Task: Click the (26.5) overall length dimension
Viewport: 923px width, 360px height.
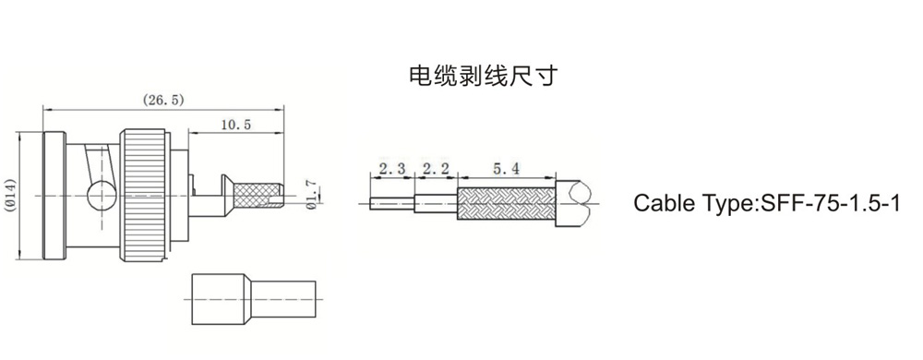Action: click(163, 100)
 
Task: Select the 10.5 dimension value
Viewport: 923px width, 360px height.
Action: click(236, 125)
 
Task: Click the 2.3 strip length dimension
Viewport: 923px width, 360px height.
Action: click(392, 169)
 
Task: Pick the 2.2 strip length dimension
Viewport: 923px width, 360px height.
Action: click(437, 169)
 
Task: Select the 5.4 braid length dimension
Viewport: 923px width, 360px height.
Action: click(506, 169)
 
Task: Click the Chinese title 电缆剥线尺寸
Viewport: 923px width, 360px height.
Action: click(482, 76)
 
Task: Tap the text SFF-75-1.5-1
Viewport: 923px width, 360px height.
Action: click(831, 203)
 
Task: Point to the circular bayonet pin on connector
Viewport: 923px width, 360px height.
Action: click(102, 196)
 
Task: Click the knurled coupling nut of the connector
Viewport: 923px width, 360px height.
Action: click(143, 196)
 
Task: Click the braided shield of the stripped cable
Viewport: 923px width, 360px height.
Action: click(506, 203)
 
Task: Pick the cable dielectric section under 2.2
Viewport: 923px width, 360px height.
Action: click(437, 203)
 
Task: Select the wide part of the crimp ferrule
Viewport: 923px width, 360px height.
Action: click(219, 299)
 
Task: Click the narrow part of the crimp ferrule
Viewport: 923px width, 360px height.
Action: click(283, 299)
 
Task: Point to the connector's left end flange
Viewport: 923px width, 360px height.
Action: click(54, 196)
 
